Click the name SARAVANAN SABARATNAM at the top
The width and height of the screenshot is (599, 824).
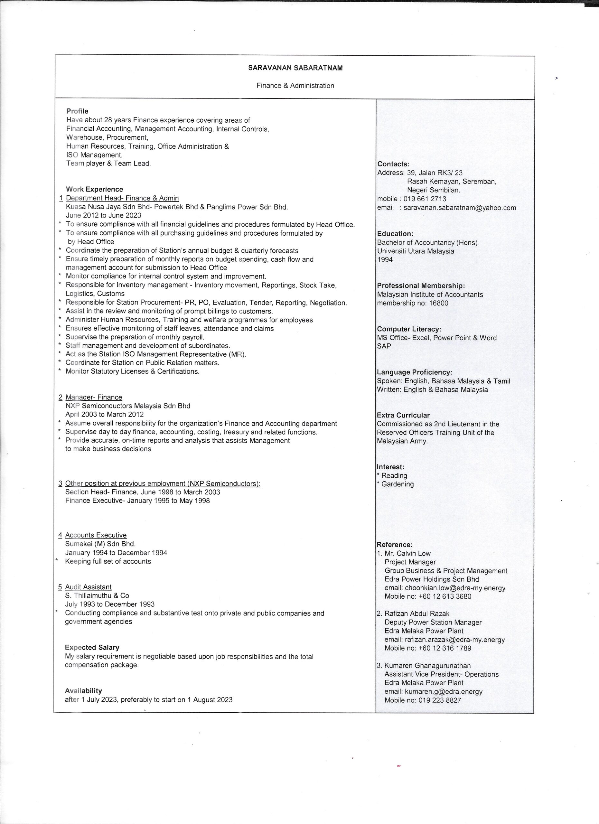click(x=295, y=68)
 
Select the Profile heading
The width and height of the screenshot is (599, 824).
click(x=77, y=111)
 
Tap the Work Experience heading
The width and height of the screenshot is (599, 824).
click(x=94, y=189)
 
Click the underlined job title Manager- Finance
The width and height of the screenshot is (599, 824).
click(x=94, y=397)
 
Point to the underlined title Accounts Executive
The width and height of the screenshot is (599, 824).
click(x=96, y=535)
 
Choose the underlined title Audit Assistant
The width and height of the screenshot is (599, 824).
click(x=88, y=587)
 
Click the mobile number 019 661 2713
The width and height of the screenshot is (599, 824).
click(x=425, y=199)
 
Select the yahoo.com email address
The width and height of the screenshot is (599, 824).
click(x=460, y=208)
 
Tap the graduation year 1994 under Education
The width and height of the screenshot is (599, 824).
click(x=385, y=259)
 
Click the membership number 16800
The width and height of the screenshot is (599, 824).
click(x=438, y=303)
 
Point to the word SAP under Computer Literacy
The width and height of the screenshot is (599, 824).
click(x=384, y=346)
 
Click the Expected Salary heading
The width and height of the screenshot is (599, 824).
click(x=92, y=647)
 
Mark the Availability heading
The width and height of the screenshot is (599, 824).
click(x=83, y=691)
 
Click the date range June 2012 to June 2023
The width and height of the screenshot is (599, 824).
click(x=104, y=215)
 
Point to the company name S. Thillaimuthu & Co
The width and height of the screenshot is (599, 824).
click(x=97, y=595)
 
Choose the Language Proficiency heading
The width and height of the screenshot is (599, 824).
click(x=414, y=372)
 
